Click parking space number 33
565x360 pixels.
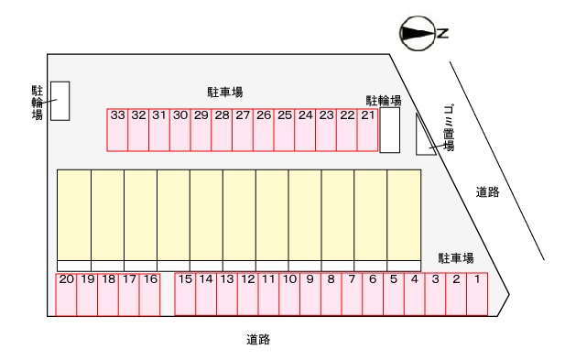[x=117, y=129]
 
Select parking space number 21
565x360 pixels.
[x=368, y=129]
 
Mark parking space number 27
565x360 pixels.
[x=243, y=129]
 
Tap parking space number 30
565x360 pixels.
[x=180, y=129]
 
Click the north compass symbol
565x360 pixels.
[x=420, y=34]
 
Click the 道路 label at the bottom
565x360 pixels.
[x=258, y=339]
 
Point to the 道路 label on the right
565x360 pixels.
[x=487, y=191]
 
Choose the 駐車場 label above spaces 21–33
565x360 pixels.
[x=224, y=92]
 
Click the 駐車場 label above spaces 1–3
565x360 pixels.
[x=455, y=258]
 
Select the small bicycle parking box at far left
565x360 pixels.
[x=60, y=101]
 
